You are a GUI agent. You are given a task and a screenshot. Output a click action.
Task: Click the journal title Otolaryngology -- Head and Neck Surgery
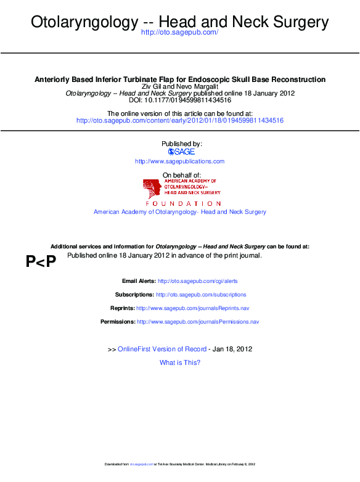click(x=179, y=22)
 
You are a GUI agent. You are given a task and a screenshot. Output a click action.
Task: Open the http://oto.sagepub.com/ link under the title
click(x=179, y=32)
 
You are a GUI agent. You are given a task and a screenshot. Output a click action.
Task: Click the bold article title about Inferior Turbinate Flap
click(x=179, y=80)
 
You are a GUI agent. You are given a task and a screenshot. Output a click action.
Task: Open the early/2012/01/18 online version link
click(x=179, y=121)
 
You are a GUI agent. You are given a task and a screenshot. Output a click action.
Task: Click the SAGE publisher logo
click(x=181, y=152)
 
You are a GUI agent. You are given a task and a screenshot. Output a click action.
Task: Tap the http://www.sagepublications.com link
click(x=179, y=161)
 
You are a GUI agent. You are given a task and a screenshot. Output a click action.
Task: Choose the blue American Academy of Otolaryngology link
click(x=179, y=212)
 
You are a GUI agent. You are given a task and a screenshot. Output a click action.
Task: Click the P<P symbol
click(x=41, y=262)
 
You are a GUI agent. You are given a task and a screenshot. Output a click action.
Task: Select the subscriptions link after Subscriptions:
click(x=201, y=295)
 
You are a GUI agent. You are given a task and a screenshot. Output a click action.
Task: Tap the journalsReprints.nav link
click(x=192, y=308)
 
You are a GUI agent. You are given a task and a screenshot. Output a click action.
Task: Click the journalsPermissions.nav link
click(x=198, y=322)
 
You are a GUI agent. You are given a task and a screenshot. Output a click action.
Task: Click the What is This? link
click(x=179, y=362)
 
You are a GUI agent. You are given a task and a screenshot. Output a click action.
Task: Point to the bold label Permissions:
click(x=118, y=322)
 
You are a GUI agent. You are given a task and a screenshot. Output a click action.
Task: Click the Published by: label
click(x=181, y=144)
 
